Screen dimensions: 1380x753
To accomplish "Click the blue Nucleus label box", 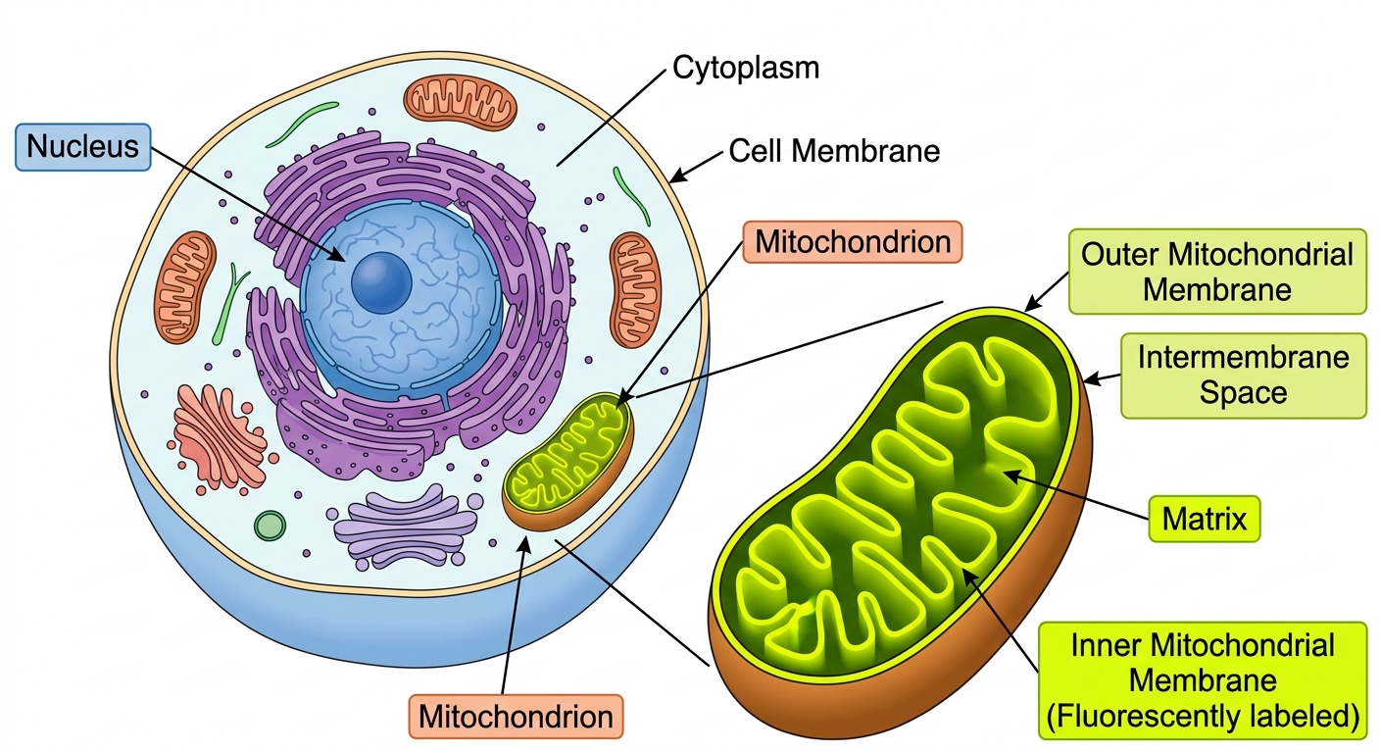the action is click(83, 147).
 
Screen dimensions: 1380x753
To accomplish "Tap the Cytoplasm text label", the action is click(746, 68).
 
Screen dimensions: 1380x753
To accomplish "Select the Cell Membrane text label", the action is click(834, 151).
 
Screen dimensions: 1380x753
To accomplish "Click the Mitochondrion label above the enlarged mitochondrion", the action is click(853, 242).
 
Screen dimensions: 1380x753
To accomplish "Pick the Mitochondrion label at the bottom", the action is click(516, 717).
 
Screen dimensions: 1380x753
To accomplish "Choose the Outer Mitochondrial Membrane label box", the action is click(1217, 272).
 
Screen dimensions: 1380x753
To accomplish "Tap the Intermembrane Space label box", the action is click(1243, 376).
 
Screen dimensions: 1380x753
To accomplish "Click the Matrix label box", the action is click(1205, 519).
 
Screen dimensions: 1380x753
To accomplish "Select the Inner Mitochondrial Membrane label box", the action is click(1203, 680).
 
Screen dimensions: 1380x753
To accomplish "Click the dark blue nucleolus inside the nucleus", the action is click(381, 282).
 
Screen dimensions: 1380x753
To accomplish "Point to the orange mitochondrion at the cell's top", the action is click(461, 103).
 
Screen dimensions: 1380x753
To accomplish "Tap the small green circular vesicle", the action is click(270, 526).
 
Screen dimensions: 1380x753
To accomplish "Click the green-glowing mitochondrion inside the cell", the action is click(568, 461).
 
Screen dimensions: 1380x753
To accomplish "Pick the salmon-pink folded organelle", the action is click(221, 437).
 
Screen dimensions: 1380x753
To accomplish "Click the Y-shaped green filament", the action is click(229, 303).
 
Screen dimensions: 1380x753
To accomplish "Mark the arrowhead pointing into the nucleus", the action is click(337, 255).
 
